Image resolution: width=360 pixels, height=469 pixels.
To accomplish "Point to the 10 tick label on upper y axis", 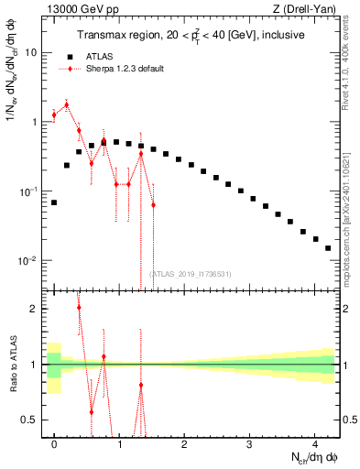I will click(31, 52).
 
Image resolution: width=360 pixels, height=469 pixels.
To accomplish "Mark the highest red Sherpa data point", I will click(66, 104).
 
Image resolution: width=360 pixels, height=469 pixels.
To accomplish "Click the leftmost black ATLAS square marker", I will click(54, 202).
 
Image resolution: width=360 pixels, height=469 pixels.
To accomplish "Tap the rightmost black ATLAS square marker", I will click(327, 247).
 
